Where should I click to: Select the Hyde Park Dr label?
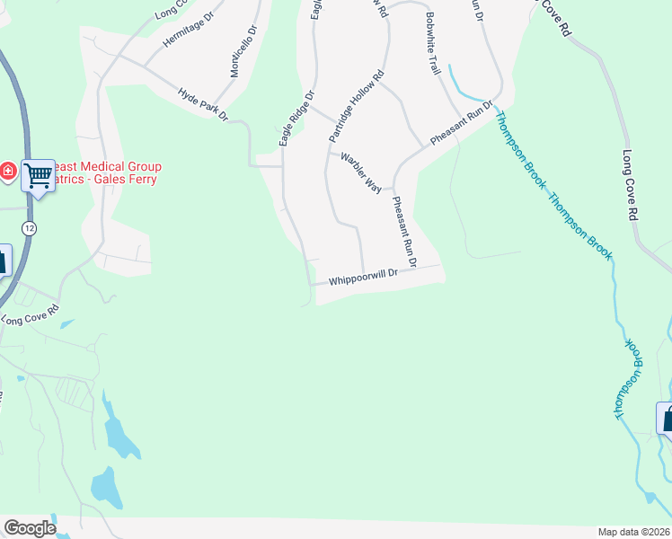click(x=203, y=104)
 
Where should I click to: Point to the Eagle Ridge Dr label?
click(x=296, y=118)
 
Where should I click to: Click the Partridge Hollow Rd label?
click(x=356, y=105)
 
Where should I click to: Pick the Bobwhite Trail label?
click(x=433, y=43)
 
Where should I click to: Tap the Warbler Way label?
click(x=360, y=171)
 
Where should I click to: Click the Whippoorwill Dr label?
click(x=362, y=280)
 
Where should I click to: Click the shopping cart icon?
click(x=39, y=176)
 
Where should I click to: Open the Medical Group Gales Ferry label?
click(x=103, y=172)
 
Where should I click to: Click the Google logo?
click(x=29, y=528)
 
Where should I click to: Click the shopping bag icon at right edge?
click(x=666, y=418)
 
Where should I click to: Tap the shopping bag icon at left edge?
click(x=3, y=261)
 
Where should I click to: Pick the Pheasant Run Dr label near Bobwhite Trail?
click(x=462, y=125)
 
